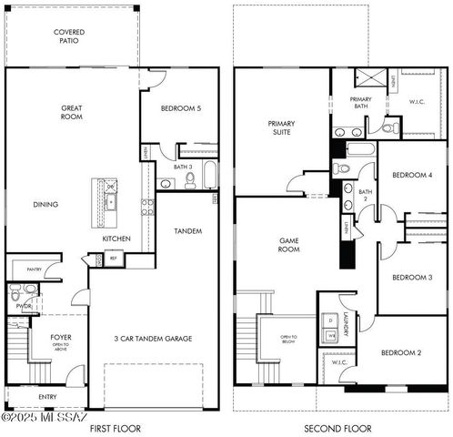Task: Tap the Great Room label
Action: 72,113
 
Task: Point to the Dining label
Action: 45,204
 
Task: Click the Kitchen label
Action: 116,239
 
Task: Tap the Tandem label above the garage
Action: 187,231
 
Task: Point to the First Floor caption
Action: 115,427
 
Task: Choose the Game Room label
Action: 288,244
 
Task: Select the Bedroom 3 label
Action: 411,277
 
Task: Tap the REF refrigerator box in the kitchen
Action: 114,259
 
